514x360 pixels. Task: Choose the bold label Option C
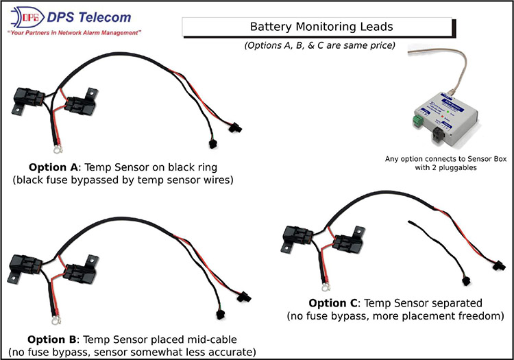[x=335, y=302]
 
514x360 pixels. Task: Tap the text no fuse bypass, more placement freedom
[x=394, y=315]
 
